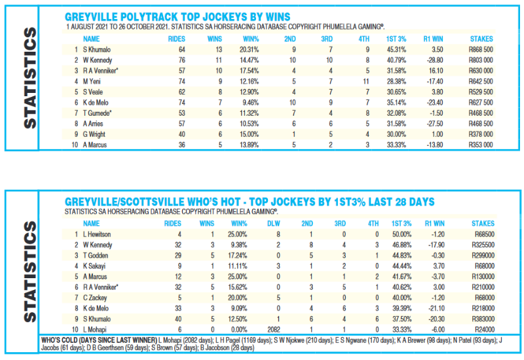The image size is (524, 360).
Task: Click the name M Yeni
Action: click(93, 81)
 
